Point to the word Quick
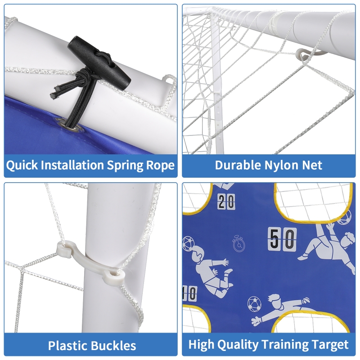[22, 165]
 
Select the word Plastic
[68, 346]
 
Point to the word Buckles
[114, 346]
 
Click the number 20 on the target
[226, 202]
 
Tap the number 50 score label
[283, 238]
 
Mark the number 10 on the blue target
[189, 293]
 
